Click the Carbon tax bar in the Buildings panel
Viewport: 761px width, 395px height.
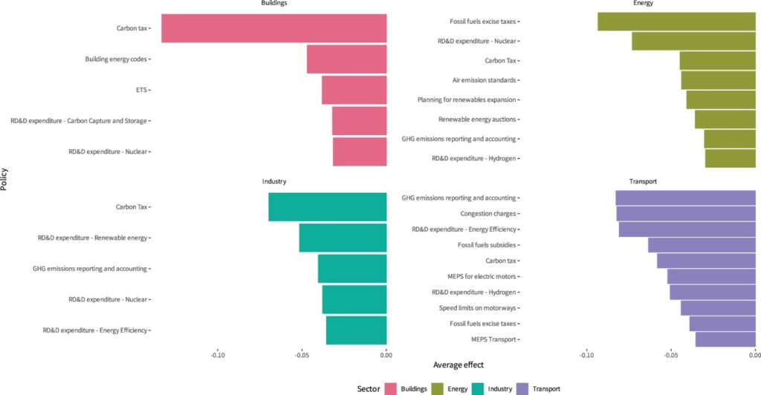click(x=274, y=28)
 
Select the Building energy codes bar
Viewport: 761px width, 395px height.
click(x=347, y=59)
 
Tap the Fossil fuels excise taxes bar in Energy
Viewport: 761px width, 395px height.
click(x=676, y=22)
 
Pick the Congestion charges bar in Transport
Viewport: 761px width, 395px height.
click(x=686, y=214)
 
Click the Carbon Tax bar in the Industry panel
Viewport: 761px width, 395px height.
click(x=328, y=207)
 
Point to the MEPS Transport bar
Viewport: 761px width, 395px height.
click(x=725, y=339)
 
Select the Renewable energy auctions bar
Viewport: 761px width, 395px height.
click(x=725, y=120)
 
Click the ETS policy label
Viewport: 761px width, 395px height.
click(x=140, y=90)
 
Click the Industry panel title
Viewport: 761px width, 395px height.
click(x=274, y=181)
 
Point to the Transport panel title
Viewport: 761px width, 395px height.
click(x=642, y=181)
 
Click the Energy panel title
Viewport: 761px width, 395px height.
click(x=644, y=3)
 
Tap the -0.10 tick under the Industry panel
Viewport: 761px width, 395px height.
click(x=218, y=355)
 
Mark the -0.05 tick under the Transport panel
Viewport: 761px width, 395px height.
click(x=670, y=355)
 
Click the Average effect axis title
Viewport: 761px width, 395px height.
click(x=458, y=365)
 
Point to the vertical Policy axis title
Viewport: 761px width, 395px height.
click(x=5, y=178)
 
